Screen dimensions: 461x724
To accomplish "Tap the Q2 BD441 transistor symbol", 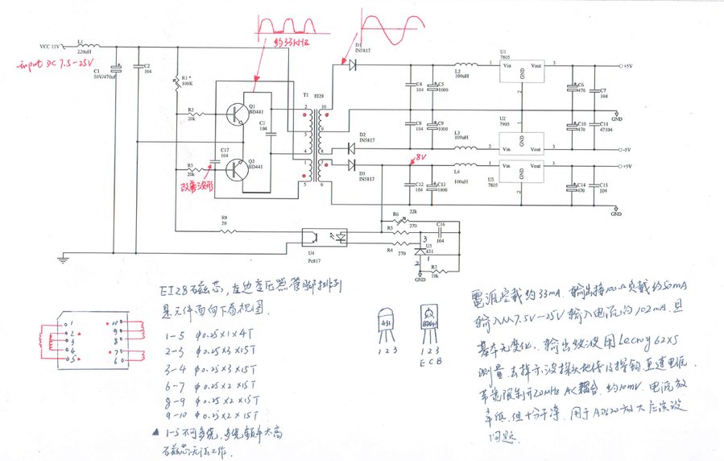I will tap(237, 170).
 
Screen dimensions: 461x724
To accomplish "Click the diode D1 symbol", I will tap(352, 64).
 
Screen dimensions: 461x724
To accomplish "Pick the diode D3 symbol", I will tap(352, 165).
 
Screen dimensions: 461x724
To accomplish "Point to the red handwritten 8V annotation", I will tap(419, 157).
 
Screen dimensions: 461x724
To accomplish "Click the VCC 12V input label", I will tap(52, 46).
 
